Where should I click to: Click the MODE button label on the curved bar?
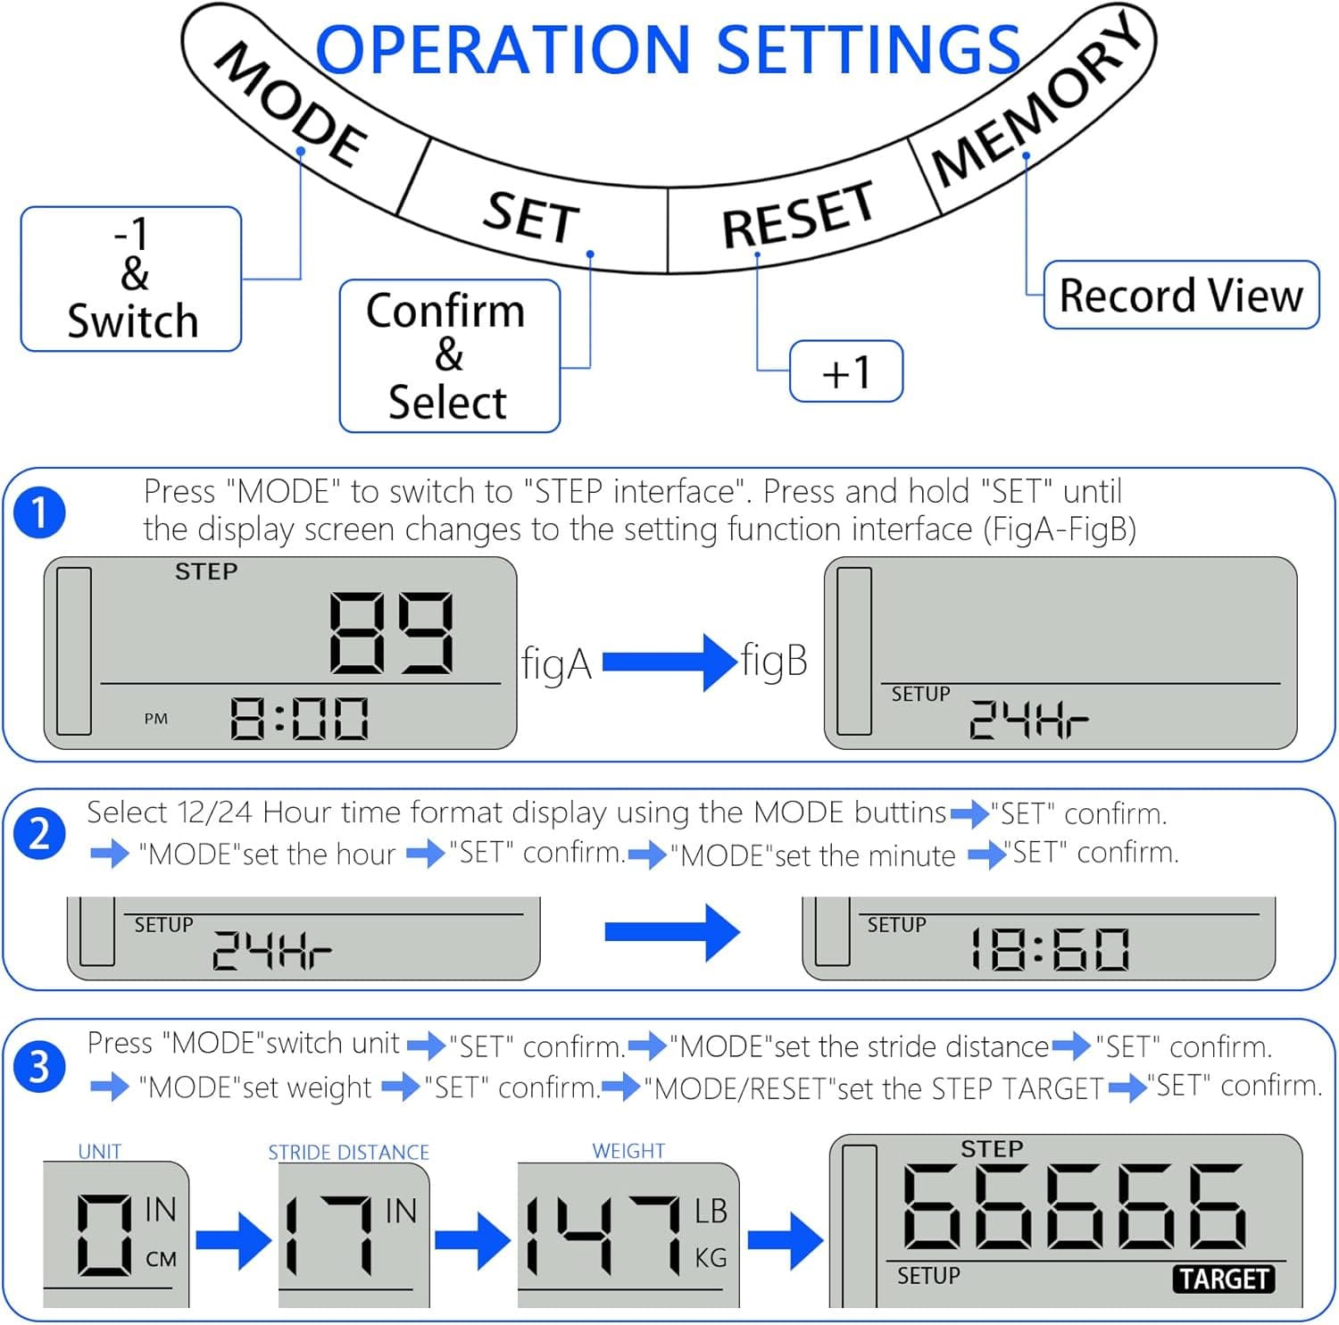coord(291,104)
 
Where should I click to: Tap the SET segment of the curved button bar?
coord(532,217)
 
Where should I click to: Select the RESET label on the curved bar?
coord(798,214)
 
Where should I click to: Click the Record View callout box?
coord(1181,295)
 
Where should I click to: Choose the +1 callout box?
coord(846,371)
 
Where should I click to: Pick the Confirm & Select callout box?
coord(450,356)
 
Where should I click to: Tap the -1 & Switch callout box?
coord(131,279)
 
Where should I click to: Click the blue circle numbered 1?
coord(39,513)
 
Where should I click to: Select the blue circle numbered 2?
coord(39,834)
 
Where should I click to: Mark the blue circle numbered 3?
coord(39,1066)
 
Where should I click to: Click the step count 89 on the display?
coord(392,633)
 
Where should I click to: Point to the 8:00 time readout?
coord(300,719)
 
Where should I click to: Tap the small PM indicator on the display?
coord(156,719)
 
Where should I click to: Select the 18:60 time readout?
coord(1051,949)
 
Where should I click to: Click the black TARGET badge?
coord(1223,1279)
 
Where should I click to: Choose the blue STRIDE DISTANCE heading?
coord(349,1153)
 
